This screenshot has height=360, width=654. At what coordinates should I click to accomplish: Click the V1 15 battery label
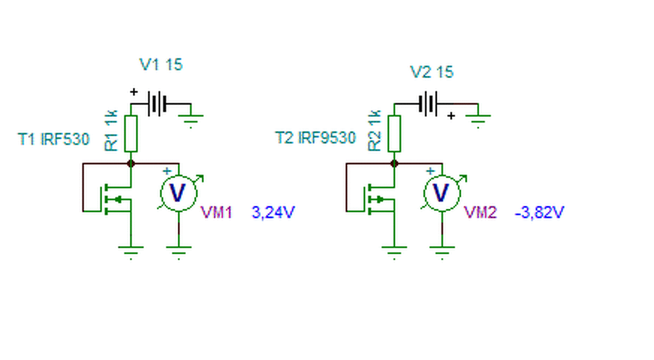(x=161, y=64)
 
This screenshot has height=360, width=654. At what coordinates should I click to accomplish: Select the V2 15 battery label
(x=432, y=72)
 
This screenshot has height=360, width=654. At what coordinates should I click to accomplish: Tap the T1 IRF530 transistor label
(x=54, y=139)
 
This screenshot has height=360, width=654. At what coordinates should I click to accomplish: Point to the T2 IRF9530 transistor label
(x=316, y=138)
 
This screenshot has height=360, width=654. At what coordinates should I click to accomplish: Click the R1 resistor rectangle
(x=131, y=134)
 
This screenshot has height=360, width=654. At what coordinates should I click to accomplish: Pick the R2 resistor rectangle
(x=394, y=134)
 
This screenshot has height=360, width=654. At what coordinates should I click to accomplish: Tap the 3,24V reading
(x=273, y=212)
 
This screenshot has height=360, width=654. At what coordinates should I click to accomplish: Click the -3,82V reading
(x=540, y=212)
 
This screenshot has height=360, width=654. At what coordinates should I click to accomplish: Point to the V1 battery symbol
(x=157, y=104)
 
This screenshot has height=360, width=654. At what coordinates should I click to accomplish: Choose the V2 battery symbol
(x=428, y=104)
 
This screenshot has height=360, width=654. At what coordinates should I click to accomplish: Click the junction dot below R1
(x=131, y=164)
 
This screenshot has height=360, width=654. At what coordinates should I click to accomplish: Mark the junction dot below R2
(x=394, y=164)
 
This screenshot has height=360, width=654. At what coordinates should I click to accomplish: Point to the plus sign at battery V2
(x=451, y=116)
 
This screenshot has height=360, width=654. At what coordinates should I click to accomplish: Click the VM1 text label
(x=216, y=212)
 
